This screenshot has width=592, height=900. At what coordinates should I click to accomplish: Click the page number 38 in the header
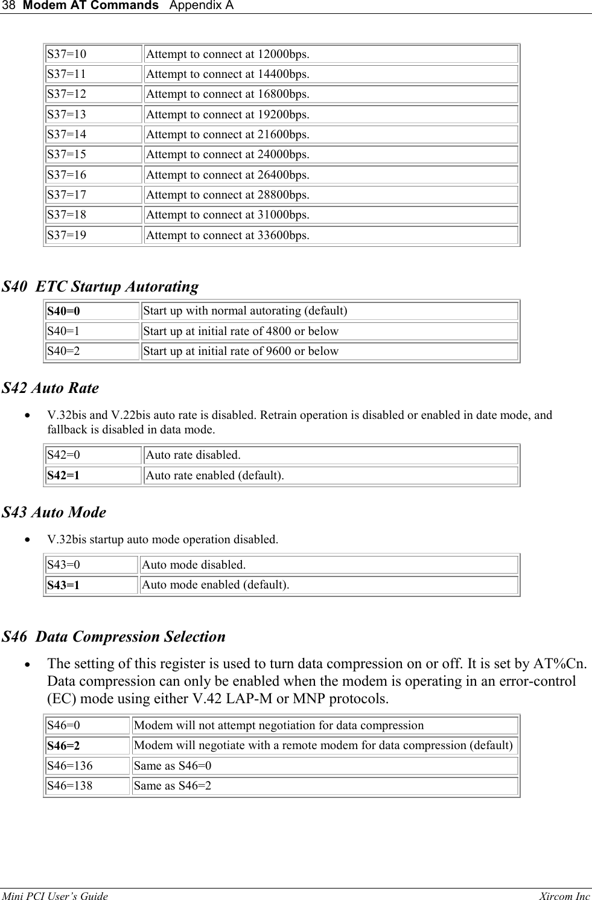tap(8, 6)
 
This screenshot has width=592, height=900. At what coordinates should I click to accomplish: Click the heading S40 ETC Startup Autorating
tap(100, 287)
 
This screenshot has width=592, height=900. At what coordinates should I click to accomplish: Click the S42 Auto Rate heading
tap(50, 388)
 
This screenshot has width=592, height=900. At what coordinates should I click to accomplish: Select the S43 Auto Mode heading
tap(54, 512)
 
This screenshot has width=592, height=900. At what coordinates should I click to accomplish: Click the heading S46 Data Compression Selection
tap(114, 637)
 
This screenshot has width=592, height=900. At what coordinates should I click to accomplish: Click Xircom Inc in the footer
tap(565, 896)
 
